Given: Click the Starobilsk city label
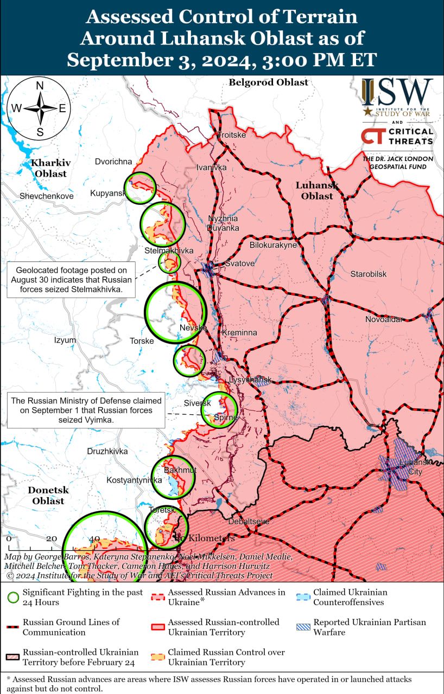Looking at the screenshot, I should pos(369,274).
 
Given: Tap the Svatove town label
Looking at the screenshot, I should pos(240,263).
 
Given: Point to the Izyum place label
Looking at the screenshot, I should pos(65,340).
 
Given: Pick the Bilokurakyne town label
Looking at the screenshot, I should pos(273,245).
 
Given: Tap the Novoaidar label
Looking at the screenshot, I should pos(384,319).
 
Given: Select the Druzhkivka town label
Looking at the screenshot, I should pos(107,451).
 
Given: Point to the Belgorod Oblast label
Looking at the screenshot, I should pos(268,82).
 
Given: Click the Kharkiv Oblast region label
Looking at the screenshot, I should pos(48,168).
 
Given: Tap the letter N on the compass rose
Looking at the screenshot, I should pos(40,86).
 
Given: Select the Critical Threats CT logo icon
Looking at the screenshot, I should pos(372,136).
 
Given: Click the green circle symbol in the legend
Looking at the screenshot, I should pos(13,597).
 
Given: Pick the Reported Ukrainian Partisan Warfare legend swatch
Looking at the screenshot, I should pos(303,627).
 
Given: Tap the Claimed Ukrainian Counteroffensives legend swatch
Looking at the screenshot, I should pos(303,597).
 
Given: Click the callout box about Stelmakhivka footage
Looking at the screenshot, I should pos(71,280).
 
